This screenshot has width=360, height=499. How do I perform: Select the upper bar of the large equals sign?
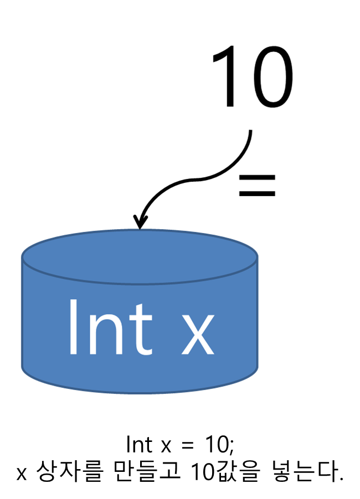[x=256, y=178]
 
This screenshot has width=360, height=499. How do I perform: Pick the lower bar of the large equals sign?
[x=256, y=193]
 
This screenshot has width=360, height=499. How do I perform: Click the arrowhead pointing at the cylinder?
[x=140, y=221]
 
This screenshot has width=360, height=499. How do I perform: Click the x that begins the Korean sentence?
[x=22, y=474]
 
